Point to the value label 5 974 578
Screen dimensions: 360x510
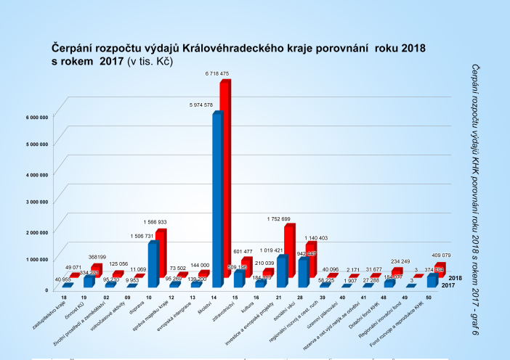202,106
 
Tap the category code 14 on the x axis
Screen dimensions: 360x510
213,298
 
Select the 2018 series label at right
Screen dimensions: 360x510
456,278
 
